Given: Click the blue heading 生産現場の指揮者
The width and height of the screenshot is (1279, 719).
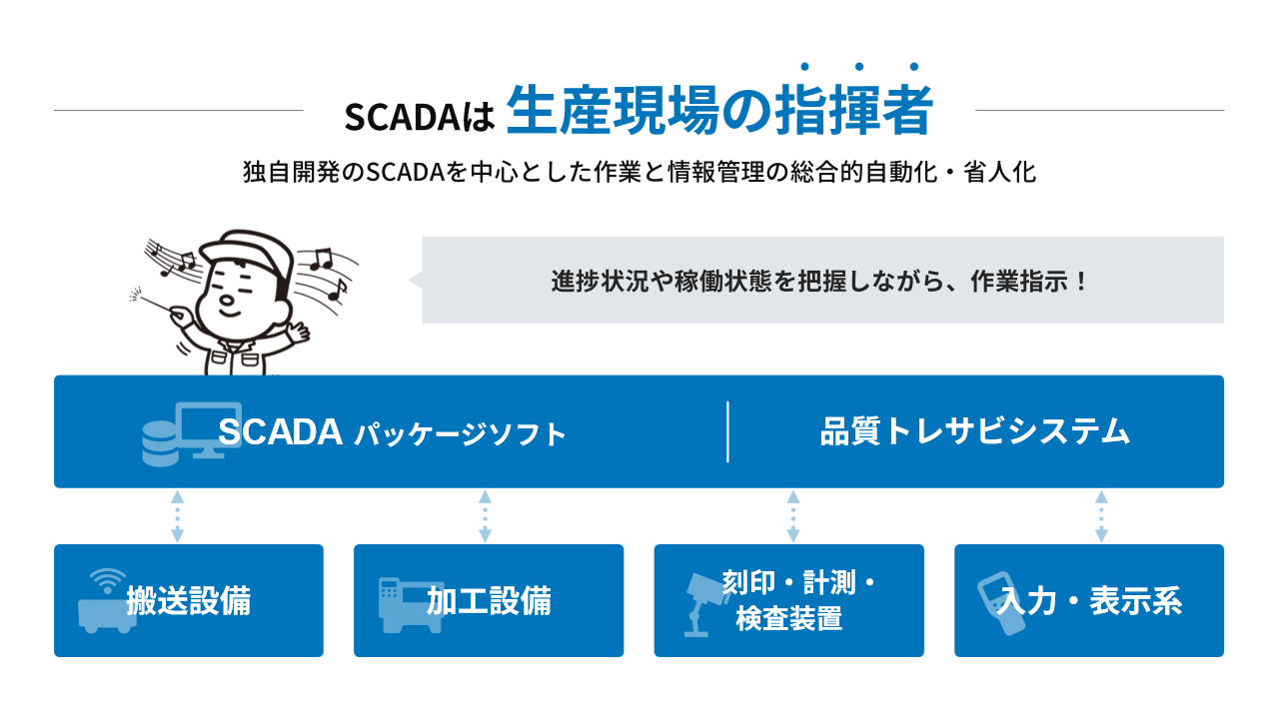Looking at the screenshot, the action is pyautogui.click(x=719, y=110).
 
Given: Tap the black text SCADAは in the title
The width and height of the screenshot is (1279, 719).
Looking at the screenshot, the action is pyautogui.click(x=419, y=118).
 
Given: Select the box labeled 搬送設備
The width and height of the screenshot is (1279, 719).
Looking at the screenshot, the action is pyautogui.click(x=189, y=600).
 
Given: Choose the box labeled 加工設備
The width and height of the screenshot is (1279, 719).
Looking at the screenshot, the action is pyautogui.click(x=489, y=600).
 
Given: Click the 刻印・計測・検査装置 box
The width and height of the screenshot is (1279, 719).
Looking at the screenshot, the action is pyautogui.click(x=789, y=600).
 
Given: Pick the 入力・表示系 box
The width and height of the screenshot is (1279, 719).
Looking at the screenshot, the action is pyautogui.click(x=1089, y=600).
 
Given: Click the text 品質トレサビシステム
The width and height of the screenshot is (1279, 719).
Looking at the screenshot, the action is pyautogui.click(x=975, y=431).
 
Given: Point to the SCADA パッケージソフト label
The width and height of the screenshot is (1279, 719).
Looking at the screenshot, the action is pyautogui.click(x=392, y=432).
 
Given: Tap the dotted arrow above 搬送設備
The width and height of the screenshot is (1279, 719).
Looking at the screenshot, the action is pyautogui.click(x=178, y=516).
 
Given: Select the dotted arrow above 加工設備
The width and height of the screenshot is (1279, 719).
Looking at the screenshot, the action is pyautogui.click(x=485, y=516).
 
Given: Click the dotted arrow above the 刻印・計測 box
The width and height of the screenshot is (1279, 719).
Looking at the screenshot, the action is pyautogui.click(x=793, y=516).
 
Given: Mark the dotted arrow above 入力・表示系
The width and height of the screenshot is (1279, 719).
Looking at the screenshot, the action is pyautogui.click(x=1101, y=516).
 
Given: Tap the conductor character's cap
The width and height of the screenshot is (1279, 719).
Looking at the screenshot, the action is pyautogui.click(x=247, y=251).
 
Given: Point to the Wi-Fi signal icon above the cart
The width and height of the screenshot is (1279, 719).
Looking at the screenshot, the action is pyautogui.click(x=107, y=581).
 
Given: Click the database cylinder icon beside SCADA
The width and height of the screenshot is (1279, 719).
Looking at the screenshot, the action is pyautogui.click(x=160, y=444).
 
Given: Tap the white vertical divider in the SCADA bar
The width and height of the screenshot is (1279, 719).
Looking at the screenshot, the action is pyautogui.click(x=727, y=431).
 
